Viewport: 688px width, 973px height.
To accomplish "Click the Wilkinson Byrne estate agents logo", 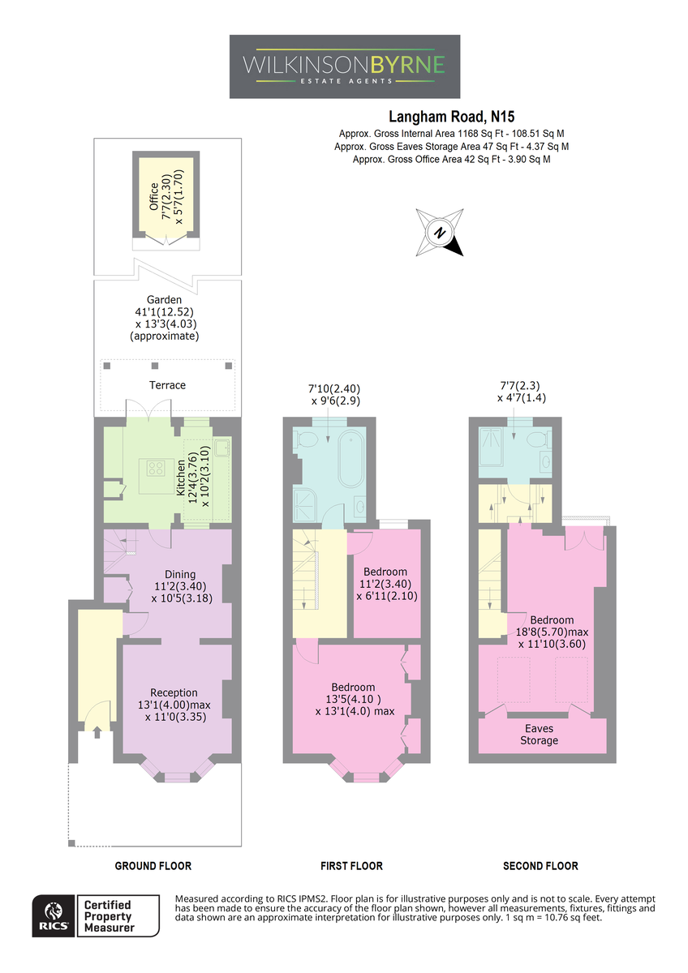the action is [x=345, y=66].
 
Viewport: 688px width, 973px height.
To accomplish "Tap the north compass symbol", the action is [x=440, y=233].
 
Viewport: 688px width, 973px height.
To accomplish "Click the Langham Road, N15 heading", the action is [x=451, y=117].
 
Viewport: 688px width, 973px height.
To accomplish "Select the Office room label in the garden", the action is [x=154, y=197].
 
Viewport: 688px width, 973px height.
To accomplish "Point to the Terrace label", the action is [x=167, y=385].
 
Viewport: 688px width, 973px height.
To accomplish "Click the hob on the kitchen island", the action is [x=156, y=469].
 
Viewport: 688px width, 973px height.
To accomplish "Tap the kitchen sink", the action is [x=221, y=448].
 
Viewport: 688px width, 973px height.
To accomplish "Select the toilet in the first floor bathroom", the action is [x=307, y=439].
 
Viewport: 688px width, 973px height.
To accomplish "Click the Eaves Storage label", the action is [x=539, y=734].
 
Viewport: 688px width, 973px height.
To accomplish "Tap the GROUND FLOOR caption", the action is [x=153, y=866].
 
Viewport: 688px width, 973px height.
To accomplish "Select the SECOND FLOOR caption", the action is [x=540, y=866].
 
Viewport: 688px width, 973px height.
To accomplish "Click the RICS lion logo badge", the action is [x=54, y=915].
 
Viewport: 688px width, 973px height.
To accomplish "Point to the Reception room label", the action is [x=174, y=692].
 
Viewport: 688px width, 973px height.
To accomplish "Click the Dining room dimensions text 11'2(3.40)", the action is [x=180, y=586].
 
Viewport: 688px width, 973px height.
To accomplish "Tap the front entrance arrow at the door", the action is [x=97, y=732].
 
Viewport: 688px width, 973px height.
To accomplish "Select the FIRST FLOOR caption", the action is [x=351, y=866].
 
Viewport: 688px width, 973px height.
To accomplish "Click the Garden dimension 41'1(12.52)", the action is [x=164, y=312].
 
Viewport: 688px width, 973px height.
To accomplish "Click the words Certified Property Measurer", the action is [x=108, y=916].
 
